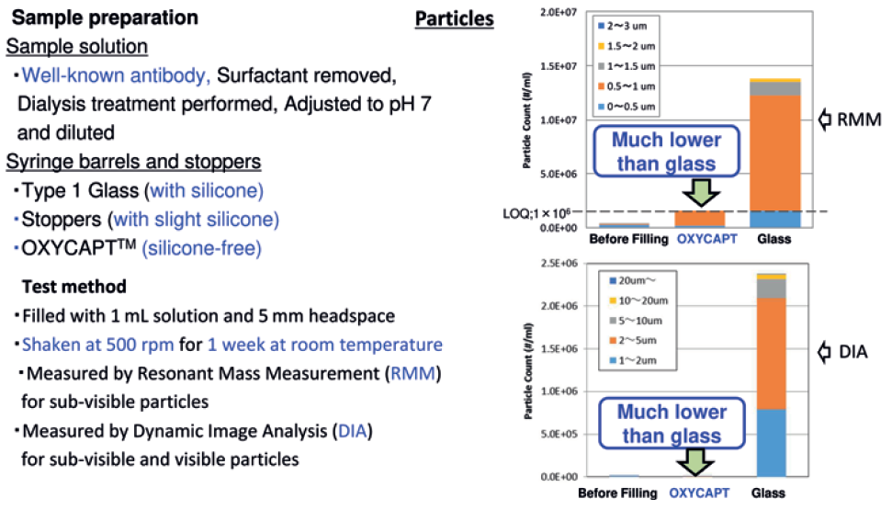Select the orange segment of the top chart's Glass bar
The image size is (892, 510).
774,152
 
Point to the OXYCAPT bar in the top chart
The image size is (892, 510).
701,219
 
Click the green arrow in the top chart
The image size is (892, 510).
700,191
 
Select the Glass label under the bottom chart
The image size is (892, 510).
775,493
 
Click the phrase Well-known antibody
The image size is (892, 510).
118,76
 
